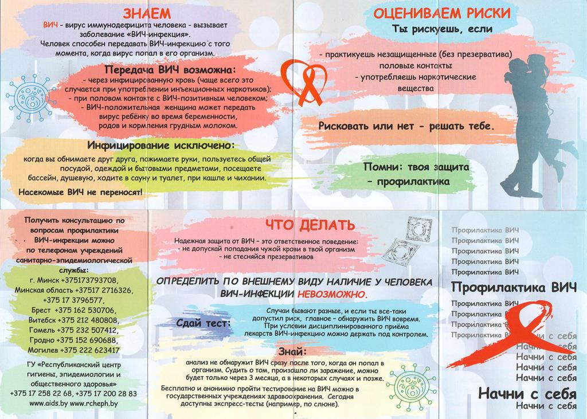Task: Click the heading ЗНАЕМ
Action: coord(147,14)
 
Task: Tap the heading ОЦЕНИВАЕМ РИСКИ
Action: coord(442,14)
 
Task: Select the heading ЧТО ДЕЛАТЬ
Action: coord(310,225)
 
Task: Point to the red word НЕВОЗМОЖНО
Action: coord(332,294)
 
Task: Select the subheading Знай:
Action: coord(292,351)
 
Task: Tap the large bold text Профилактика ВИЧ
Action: coord(514,288)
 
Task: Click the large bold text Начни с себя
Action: coord(527,394)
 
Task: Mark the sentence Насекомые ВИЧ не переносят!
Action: coord(80,193)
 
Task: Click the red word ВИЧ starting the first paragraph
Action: coord(50,25)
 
